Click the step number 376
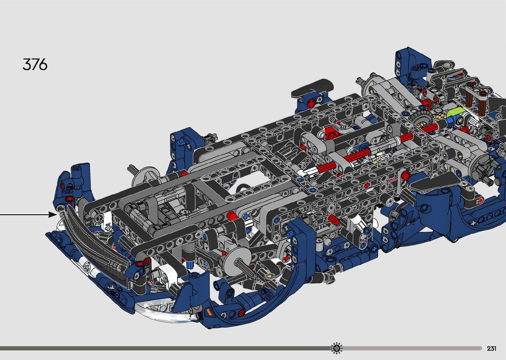[x=35, y=64]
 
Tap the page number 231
[x=491, y=348]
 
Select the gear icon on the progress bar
[x=336, y=348]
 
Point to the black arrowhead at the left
[x=53, y=215]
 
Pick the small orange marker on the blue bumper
[x=209, y=312]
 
